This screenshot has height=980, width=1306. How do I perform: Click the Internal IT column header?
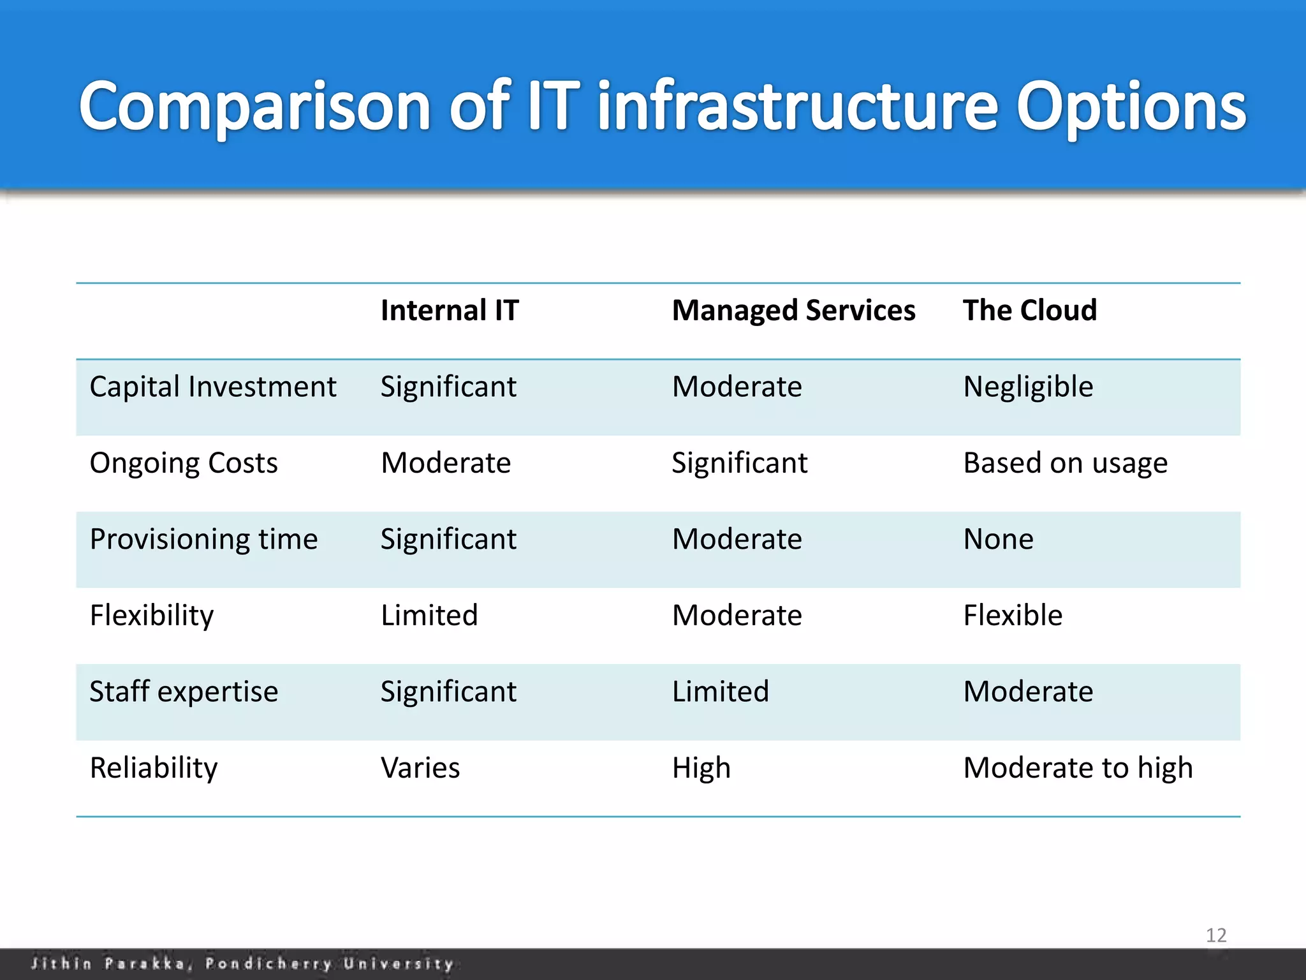click(450, 311)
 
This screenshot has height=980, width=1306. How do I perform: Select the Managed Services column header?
click(793, 311)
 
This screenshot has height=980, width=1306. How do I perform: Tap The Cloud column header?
click(1029, 311)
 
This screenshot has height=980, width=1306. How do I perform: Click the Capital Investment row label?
click(212, 387)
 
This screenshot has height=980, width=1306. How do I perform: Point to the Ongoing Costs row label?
click(184, 463)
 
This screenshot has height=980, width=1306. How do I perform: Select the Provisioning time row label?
click(203, 540)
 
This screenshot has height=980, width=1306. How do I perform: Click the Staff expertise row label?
click(184, 692)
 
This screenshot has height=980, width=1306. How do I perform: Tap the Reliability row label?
click(154, 768)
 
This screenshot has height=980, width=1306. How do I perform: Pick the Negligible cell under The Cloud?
click(1028, 387)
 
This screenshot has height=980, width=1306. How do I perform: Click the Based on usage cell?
click(1065, 463)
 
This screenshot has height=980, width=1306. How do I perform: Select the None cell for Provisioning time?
click(998, 540)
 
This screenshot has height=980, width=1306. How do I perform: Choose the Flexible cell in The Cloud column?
click(1013, 616)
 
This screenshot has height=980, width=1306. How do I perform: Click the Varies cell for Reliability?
click(420, 768)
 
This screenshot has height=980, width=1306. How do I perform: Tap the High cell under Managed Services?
click(701, 768)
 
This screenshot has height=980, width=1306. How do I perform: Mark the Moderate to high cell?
click(1078, 768)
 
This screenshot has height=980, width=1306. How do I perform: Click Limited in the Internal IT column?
click(429, 616)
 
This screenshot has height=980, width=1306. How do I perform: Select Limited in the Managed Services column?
click(721, 692)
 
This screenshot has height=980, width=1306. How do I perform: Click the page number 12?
click(1215, 935)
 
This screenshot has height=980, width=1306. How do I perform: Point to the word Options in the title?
click(1131, 107)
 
